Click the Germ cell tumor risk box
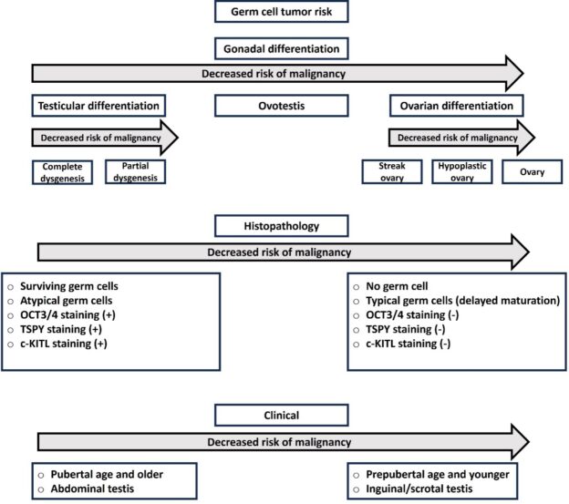point(282,12)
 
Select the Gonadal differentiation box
point(282,48)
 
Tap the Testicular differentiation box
point(98,106)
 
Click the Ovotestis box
point(282,106)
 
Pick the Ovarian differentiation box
point(457,106)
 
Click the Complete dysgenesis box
point(62,172)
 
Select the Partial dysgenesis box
point(135,172)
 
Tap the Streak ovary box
point(392,172)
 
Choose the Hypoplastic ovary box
point(462,172)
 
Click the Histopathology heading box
point(282,226)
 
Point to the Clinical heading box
point(282,416)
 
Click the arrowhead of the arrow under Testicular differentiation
point(170,138)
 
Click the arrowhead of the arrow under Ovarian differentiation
point(526,138)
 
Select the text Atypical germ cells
point(66,301)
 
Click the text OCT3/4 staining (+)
point(67,314)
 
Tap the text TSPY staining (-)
point(406,329)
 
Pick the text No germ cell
point(397,286)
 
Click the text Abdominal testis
point(92,489)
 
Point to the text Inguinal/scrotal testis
point(419,489)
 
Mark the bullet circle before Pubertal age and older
point(41,475)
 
